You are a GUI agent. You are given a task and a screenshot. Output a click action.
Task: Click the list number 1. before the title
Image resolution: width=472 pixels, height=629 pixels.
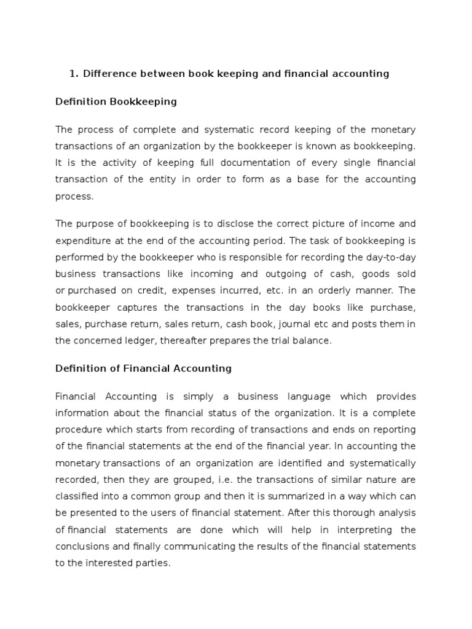pos(74,74)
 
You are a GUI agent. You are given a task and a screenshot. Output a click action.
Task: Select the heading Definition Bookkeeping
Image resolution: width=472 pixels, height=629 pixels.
pos(116,101)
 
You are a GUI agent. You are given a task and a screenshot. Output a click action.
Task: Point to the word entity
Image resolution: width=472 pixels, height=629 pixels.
pos(160,179)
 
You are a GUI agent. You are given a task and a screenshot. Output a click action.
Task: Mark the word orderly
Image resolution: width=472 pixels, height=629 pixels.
pos(320,289)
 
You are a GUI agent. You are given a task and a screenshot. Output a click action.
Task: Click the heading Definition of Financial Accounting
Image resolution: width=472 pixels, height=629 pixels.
pos(144,368)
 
